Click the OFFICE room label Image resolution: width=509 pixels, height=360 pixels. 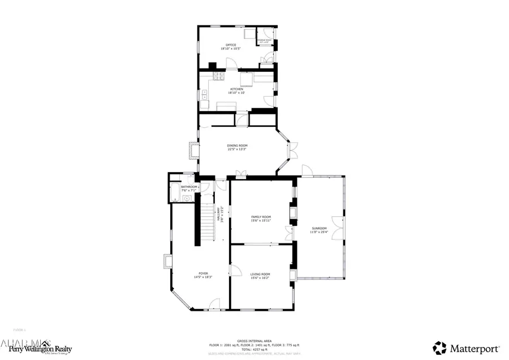(231, 45)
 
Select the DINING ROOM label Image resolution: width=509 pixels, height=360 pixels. (238, 145)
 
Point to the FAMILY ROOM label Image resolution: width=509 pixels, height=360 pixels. (261, 217)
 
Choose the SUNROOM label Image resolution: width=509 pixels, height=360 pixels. (319, 229)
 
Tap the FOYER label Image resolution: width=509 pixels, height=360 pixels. (198, 274)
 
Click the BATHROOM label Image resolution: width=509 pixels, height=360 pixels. (189, 187)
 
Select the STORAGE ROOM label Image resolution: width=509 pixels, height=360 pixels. (264, 41)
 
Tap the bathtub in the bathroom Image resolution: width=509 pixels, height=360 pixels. (174, 192)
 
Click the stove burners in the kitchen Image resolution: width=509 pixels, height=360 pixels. (218, 76)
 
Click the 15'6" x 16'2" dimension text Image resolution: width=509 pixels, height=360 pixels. (260, 278)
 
